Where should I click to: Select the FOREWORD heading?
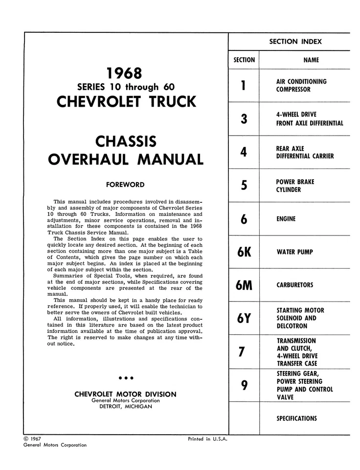click(125, 185)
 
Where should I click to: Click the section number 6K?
click(244, 252)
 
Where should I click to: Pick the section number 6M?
click(244, 285)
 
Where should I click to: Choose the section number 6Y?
click(244, 318)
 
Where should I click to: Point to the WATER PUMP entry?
click(294, 252)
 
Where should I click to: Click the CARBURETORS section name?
click(294, 285)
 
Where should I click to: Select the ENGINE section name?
click(286, 219)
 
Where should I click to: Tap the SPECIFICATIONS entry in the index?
click(296, 419)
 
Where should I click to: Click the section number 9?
click(244, 386)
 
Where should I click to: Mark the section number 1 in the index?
click(244, 86)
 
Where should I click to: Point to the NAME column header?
click(311, 60)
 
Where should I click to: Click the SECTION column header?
click(244, 60)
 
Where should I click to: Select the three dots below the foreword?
click(126, 378)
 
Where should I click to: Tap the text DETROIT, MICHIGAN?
click(126, 407)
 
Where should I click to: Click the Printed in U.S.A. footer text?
click(208, 439)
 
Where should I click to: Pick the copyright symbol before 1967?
click(26, 439)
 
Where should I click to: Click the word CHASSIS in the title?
click(126, 142)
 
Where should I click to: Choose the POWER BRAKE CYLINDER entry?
click(295, 186)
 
